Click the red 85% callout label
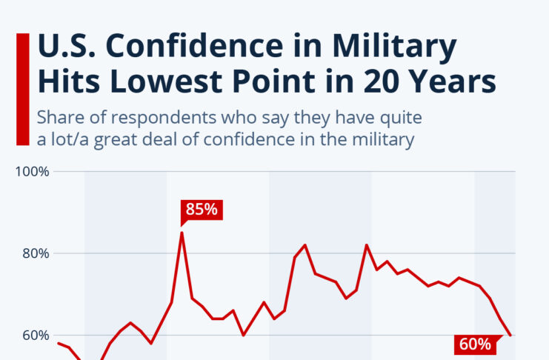[x=202, y=210]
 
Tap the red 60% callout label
[x=474, y=344]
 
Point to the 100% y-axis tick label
[x=33, y=172]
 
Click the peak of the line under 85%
[x=182, y=233]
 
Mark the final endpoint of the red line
[x=510, y=336]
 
